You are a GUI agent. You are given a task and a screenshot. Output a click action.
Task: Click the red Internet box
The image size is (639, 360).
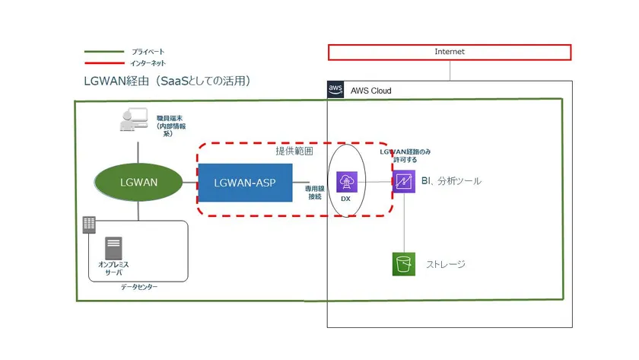pyautogui.click(x=449, y=52)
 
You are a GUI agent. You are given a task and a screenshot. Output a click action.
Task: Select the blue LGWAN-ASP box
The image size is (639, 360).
pyautogui.click(x=245, y=183)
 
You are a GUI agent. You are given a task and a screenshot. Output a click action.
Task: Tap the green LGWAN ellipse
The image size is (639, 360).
pyautogui.click(x=138, y=183)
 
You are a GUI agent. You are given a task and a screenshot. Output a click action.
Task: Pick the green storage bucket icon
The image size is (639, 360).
pyautogui.click(x=403, y=264)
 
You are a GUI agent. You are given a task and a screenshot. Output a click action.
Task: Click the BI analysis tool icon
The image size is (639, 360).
pyautogui.click(x=403, y=182)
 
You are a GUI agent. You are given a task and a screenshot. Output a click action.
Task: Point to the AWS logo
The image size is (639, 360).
pyautogui.click(x=335, y=90)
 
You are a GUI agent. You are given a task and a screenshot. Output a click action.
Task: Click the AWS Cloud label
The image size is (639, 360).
pyautogui.click(x=370, y=91)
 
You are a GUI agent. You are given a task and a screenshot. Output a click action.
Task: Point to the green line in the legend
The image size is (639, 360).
pyautogui.click(x=103, y=52)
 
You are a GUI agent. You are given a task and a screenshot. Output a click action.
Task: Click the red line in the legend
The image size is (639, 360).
pyautogui.click(x=103, y=63)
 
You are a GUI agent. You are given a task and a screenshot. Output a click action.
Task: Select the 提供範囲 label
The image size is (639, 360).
pyautogui.click(x=294, y=151)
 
